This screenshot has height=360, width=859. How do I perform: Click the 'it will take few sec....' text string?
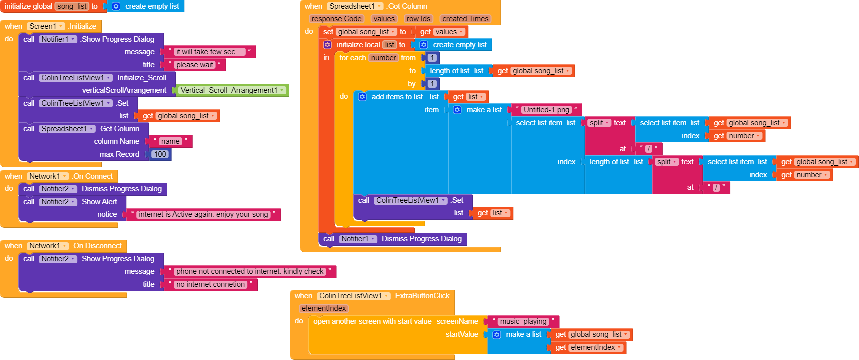coord(209,52)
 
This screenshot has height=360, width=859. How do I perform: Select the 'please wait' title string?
coord(194,65)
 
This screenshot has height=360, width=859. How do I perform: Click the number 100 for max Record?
coord(160,154)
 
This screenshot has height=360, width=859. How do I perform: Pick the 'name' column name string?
coord(170,141)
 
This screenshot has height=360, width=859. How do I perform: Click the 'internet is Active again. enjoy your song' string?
coord(203,214)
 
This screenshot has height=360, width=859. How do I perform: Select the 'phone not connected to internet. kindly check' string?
coord(250,271)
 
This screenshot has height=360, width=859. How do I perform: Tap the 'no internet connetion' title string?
coord(210,284)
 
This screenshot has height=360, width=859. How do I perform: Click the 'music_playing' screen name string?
coord(523,321)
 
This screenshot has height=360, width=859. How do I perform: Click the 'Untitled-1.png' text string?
coord(546,110)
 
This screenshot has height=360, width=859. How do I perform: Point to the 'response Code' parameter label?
coord(336,19)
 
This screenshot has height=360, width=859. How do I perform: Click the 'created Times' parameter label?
coord(465,19)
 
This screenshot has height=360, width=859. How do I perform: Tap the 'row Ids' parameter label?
coord(418,19)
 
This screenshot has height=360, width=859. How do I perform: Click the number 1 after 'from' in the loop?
coord(432,58)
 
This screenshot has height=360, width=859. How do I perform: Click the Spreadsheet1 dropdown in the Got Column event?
coord(355,6)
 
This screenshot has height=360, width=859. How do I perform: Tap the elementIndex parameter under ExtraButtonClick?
coord(324,308)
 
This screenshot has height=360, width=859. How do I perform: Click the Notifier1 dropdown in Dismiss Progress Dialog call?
coord(358,239)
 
